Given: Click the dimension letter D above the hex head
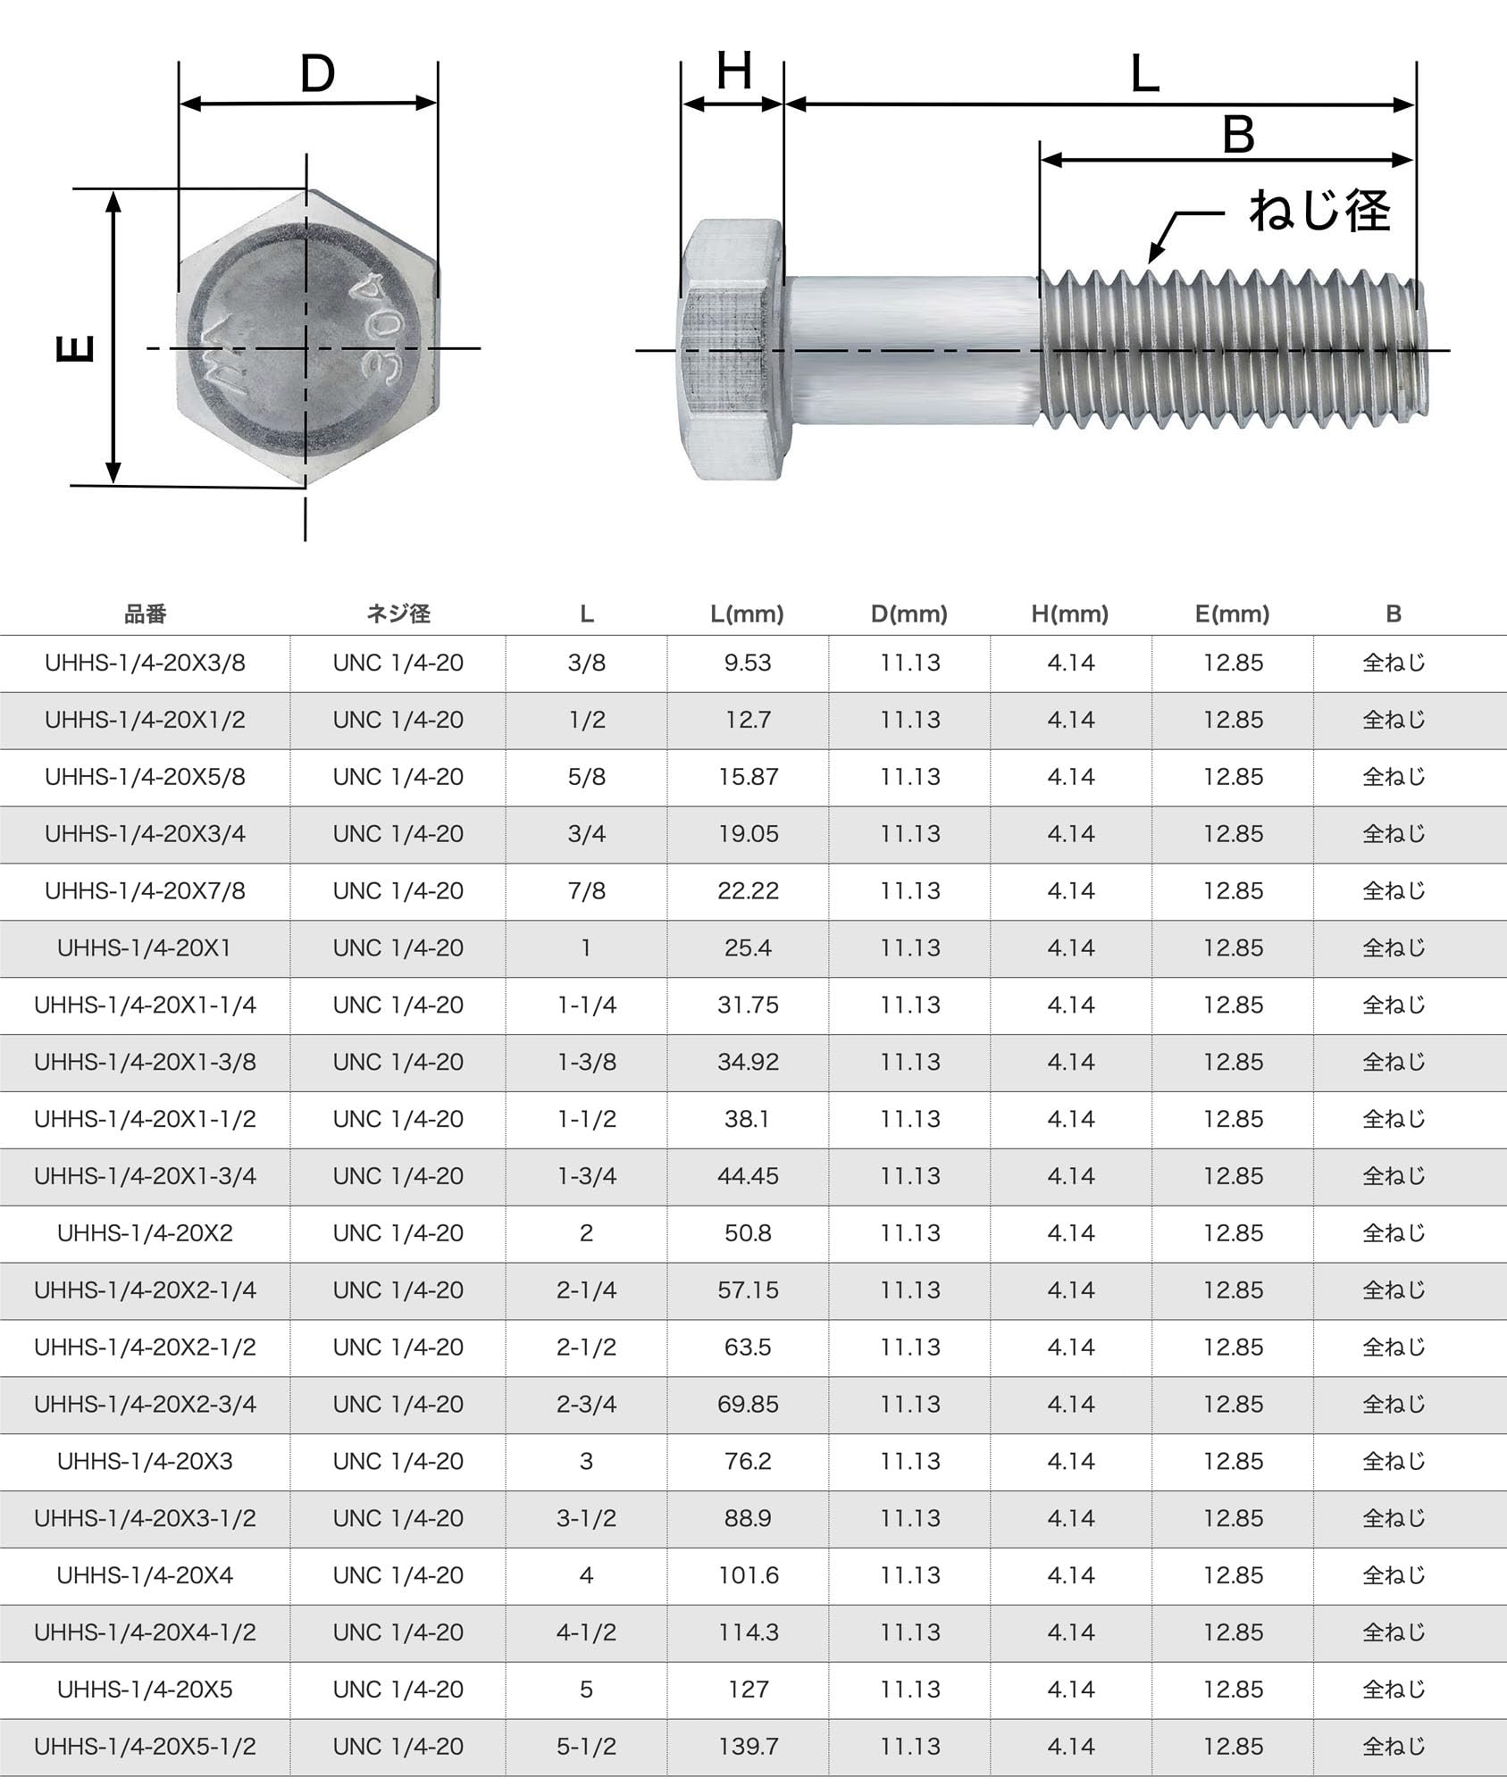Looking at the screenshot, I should (x=317, y=74).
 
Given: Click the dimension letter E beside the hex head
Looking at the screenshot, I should (x=76, y=347).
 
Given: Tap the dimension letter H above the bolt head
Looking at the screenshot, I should (x=733, y=71).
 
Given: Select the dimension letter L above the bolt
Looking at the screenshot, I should (x=1144, y=75).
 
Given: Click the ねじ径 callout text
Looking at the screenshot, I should (x=1319, y=212).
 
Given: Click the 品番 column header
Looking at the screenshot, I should (x=145, y=613).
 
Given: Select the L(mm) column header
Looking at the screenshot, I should (x=747, y=613).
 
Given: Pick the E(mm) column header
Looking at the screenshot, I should (x=1232, y=613).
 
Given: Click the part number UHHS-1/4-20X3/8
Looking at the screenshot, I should (x=145, y=663).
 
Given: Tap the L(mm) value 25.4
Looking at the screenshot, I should (x=748, y=947).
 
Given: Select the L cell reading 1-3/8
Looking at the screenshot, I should (x=586, y=1062).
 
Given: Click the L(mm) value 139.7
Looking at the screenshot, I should (x=748, y=1746).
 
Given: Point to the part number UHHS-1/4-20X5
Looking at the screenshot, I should (x=145, y=1689).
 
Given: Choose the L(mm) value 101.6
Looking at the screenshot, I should (x=748, y=1575).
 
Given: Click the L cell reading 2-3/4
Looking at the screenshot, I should (x=586, y=1404).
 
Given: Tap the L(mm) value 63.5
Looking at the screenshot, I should (x=748, y=1347).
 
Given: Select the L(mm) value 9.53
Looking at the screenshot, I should (x=748, y=663).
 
